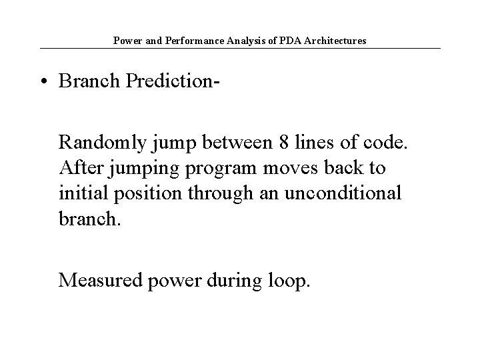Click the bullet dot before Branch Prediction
tap(43, 82)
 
